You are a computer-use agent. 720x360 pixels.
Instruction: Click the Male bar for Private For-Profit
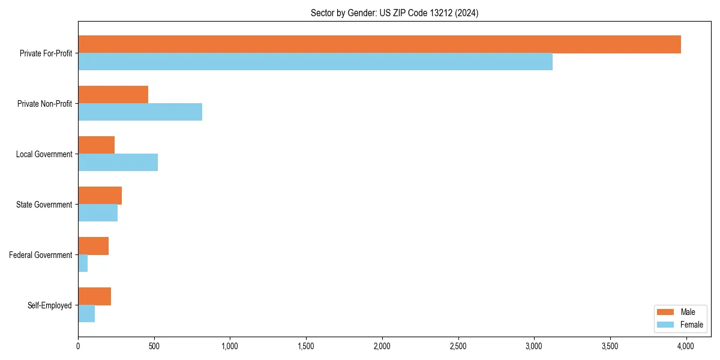[x=379, y=44]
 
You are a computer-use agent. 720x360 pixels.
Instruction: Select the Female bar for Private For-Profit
[x=315, y=62]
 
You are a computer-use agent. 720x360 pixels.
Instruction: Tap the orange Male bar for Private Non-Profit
[x=113, y=95]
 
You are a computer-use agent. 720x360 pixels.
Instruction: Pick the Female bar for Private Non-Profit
[x=140, y=112]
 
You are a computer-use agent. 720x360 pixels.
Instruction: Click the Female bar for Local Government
[x=118, y=163]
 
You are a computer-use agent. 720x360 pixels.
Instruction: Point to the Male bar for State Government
[x=100, y=196]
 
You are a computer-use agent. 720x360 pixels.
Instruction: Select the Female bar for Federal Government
[x=83, y=263]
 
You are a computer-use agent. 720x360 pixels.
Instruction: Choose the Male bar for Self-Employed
[x=94, y=296]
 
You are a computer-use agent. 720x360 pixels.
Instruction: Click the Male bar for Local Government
[x=96, y=145]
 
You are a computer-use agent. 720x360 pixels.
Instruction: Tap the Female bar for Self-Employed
[x=86, y=314]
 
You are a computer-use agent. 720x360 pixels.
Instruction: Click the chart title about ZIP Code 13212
[x=394, y=13]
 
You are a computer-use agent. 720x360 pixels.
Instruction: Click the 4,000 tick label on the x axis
[x=686, y=346]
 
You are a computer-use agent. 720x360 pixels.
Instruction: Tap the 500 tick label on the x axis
[x=154, y=346]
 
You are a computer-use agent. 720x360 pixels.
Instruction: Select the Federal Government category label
[x=41, y=255]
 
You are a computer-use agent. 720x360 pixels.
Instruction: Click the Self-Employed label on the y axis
[x=50, y=305]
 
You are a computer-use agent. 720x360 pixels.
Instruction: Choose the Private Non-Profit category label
[x=44, y=104]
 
